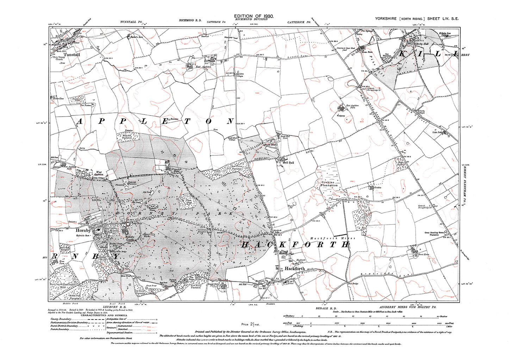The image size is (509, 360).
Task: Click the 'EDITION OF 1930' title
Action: [x=254, y=16]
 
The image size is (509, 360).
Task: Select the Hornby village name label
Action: [x=83, y=230]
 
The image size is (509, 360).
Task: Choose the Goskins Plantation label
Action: [x=330, y=184]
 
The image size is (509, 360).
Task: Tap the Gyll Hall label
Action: [x=288, y=162]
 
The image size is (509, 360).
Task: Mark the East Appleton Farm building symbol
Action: [x=341, y=107]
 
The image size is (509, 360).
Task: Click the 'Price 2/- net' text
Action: [x=250, y=324]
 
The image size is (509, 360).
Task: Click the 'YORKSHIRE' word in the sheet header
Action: [x=386, y=19]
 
